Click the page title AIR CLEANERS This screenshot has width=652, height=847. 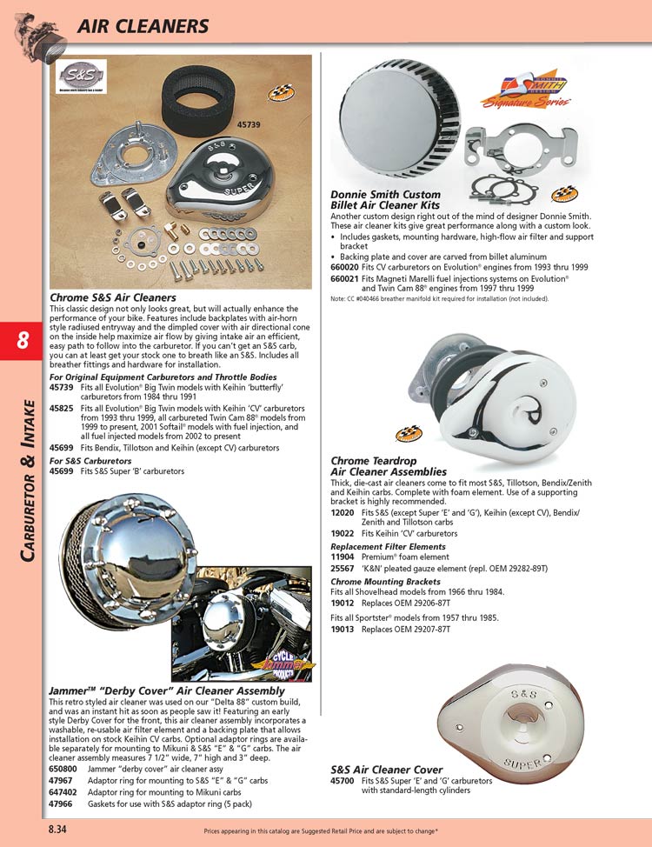pos(143,26)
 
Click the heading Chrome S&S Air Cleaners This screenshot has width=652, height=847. pos(113,297)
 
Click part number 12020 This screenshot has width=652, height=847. pos(343,513)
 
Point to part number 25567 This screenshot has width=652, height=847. pos(343,567)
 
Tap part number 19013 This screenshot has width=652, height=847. pos(343,628)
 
